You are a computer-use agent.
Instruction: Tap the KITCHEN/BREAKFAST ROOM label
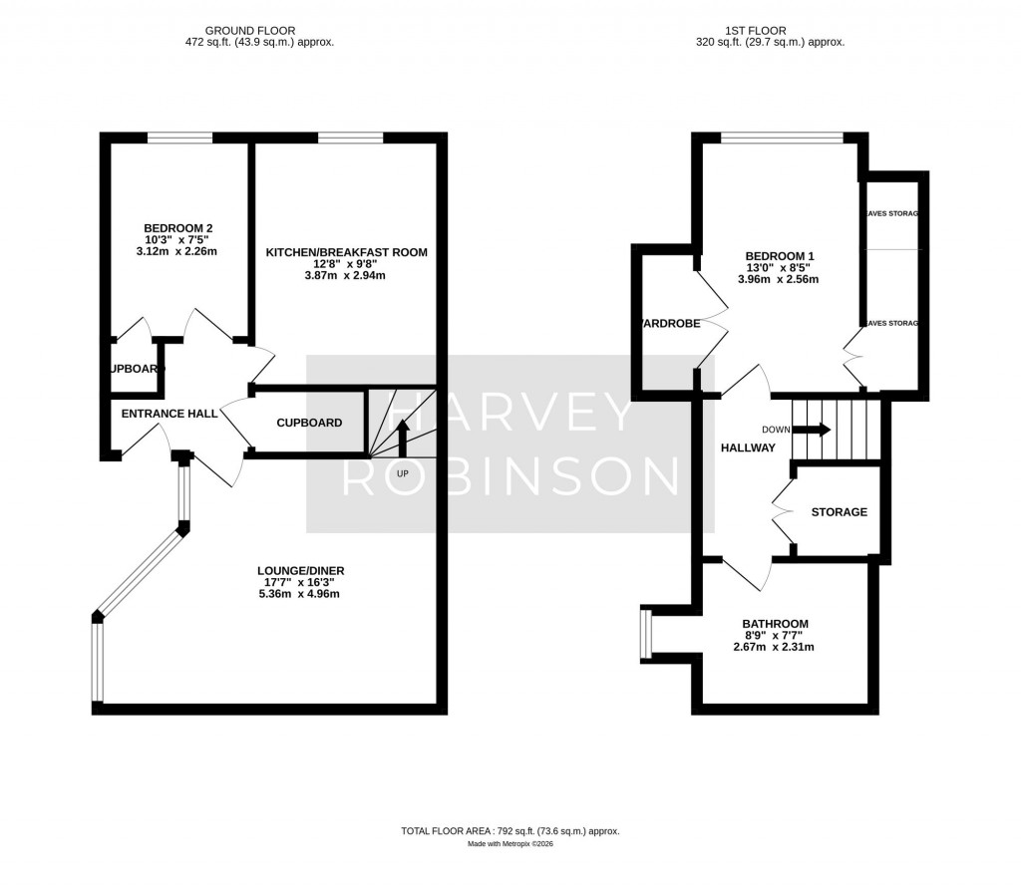coord(346,253)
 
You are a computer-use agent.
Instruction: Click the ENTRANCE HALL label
coord(170,414)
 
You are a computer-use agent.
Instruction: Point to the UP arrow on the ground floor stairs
coord(403,437)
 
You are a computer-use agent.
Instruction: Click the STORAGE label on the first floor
coord(839,512)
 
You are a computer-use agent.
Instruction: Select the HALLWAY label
coord(748,448)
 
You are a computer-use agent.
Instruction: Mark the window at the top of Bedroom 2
coord(180,138)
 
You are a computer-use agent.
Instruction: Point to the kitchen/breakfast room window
coord(350,138)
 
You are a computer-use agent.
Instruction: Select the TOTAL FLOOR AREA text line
coord(510,830)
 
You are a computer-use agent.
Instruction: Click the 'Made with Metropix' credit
coord(510,844)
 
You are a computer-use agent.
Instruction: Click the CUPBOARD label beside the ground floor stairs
coord(309,423)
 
